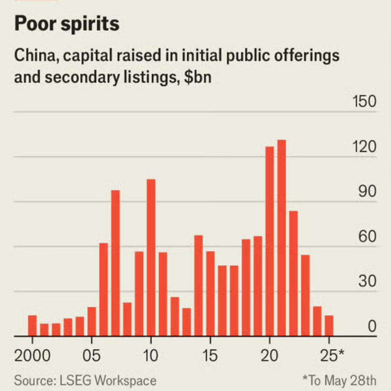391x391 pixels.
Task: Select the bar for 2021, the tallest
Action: point(282,238)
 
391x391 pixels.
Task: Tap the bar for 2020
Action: point(270,242)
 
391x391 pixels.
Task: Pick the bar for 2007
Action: point(115,263)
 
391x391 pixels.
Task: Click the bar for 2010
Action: point(151,258)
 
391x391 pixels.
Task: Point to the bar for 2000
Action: point(32,326)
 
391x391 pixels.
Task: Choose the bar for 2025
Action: point(329,326)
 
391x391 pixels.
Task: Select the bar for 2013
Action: point(187,322)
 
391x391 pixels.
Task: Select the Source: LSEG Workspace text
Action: point(85,380)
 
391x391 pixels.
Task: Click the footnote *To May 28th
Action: point(339,380)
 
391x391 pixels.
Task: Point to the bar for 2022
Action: point(293,274)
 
